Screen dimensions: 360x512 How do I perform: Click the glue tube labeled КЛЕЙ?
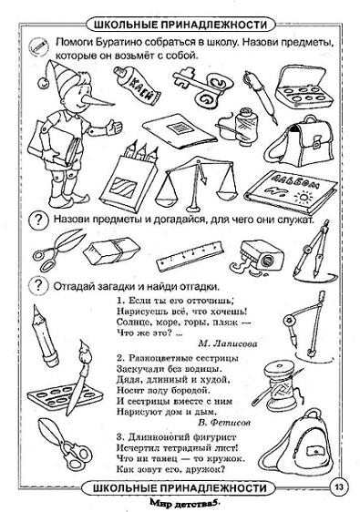tap(137, 85)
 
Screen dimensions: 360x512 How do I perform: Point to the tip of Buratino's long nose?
tap(114, 105)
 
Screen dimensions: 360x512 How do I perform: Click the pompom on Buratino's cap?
tap(43, 83)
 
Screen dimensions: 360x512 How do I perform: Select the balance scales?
tap(197, 184)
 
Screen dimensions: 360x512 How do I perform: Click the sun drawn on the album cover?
tap(304, 197)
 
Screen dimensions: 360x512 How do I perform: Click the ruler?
tap(190, 256)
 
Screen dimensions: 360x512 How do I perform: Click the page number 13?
tap(339, 487)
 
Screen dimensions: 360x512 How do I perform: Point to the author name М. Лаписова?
tap(227, 343)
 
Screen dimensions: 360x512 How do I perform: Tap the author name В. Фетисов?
tap(224, 423)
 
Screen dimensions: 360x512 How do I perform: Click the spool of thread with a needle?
tap(278, 385)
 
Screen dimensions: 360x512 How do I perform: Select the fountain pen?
tap(260, 97)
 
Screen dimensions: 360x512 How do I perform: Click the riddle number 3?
tap(120, 437)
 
